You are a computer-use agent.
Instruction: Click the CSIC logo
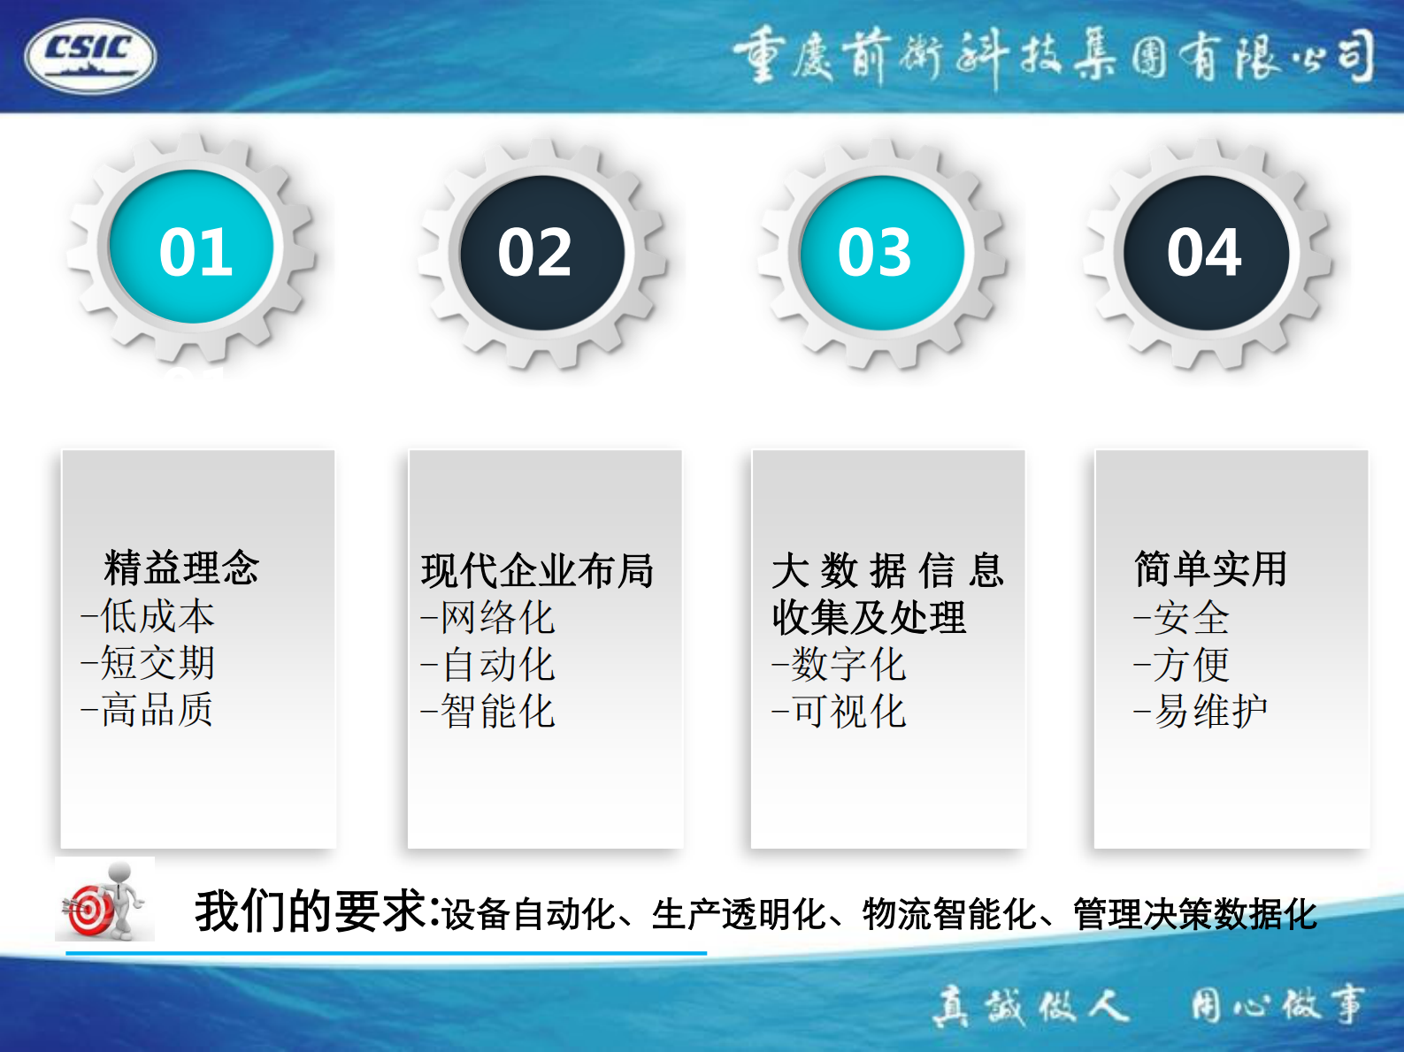(x=90, y=55)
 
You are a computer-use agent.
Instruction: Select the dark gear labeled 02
(x=541, y=252)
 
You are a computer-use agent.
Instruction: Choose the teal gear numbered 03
(x=879, y=252)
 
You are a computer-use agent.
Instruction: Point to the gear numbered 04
(x=1206, y=252)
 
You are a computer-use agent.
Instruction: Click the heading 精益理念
(x=181, y=568)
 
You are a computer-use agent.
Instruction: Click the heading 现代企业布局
(x=537, y=571)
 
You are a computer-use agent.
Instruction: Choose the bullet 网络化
(x=496, y=618)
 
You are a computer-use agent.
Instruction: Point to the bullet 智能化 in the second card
(x=496, y=712)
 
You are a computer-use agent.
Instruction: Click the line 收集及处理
(x=868, y=617)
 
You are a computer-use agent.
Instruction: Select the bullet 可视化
(x=848, y=712)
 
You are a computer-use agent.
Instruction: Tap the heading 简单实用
(x=1209, y=568)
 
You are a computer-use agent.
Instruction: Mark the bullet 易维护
(x=1209, y=711)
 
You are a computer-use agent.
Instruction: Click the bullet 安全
(x=1191, y=618)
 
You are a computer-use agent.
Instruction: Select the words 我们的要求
(x=315, y=911)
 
